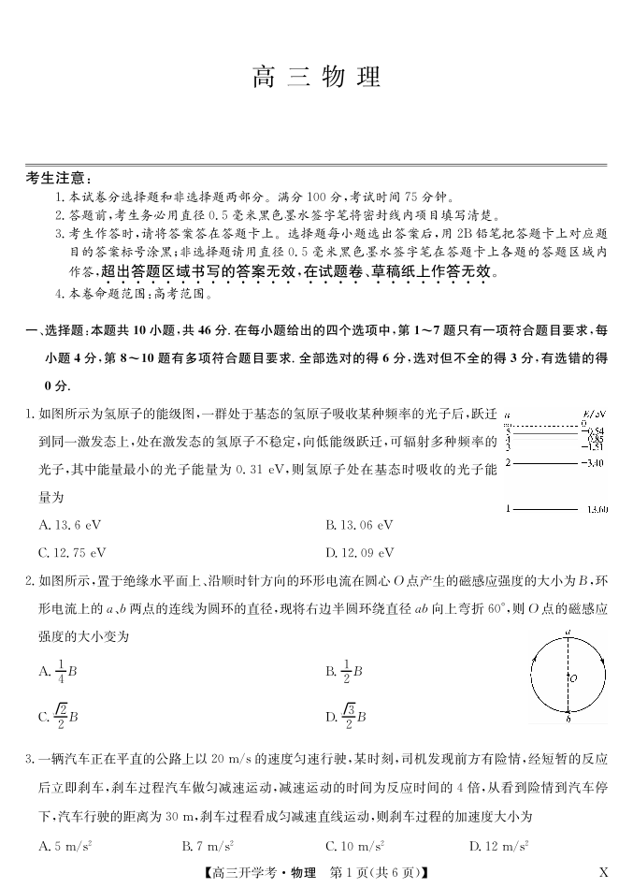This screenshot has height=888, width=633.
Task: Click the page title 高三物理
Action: coord(316,77)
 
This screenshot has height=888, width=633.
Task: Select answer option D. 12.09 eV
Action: coord(360,552)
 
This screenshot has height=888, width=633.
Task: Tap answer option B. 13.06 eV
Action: coord(360,525)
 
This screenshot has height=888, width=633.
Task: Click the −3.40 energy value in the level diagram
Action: coord(593,462)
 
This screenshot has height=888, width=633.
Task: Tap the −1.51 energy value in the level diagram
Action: coord(593,446)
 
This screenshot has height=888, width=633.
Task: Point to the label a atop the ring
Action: coord(568,633)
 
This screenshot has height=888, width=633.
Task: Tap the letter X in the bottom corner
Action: coord(603,872)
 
